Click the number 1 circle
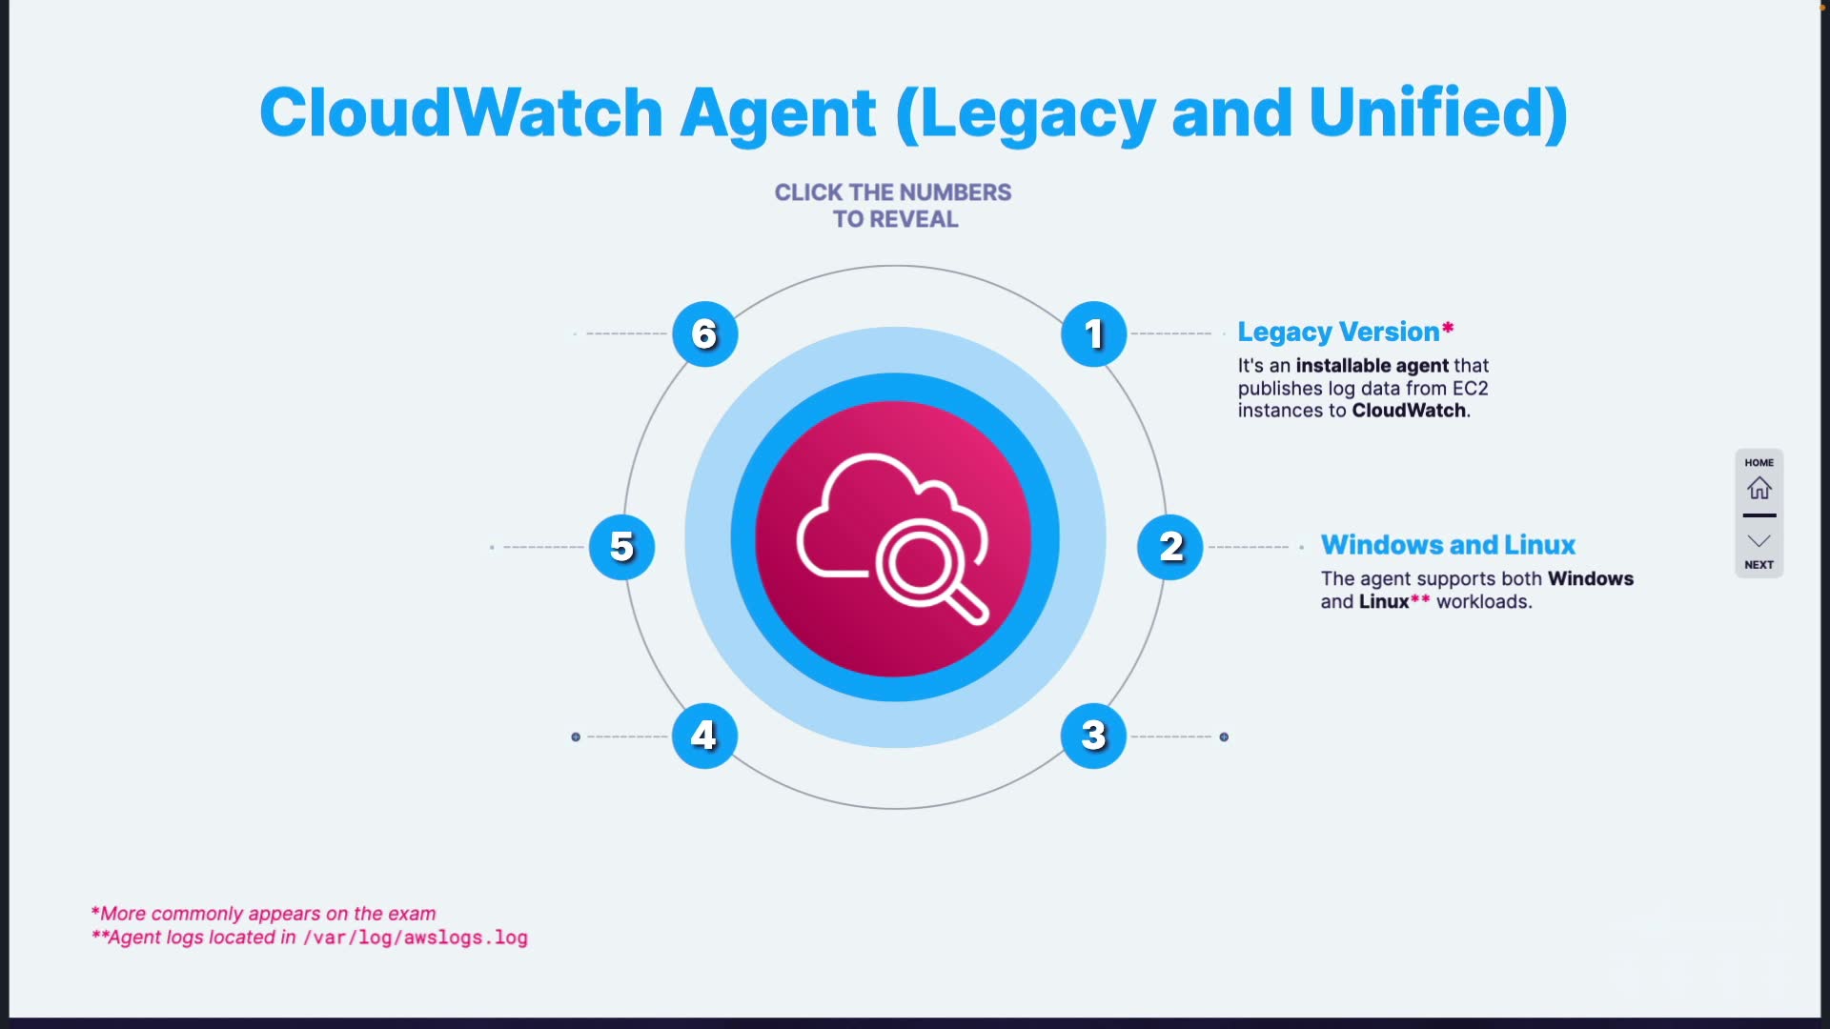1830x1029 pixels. click(1093, 334)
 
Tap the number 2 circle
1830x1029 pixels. click(1169, 547)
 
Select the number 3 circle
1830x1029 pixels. click(1093, 736)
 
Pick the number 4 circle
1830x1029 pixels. click(704, 736)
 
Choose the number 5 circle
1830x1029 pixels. click(621, 547)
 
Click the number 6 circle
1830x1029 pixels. click(704, 334)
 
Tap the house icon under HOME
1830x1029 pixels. click(1759, 489)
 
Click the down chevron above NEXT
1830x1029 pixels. click(1759, 541)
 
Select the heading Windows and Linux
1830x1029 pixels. click(1447, 545)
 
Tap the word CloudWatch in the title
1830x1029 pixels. click(461, 112)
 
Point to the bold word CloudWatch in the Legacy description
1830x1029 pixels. click(1409, 411)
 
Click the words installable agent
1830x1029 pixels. click(1372, 366)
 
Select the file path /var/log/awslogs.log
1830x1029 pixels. click(415, 938)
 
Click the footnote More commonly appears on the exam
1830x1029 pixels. click(267, 914)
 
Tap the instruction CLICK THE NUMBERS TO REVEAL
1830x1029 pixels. click(893, 206)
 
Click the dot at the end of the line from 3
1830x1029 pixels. click(1224, 736)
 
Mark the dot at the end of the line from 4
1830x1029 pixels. click(576, 736)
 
